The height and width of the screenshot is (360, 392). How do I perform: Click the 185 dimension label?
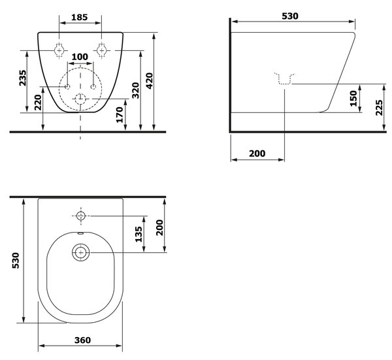click(80, 17)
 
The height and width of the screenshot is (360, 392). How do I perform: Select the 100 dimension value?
click(80, 57)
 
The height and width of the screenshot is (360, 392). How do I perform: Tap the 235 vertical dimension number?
click(22, 78)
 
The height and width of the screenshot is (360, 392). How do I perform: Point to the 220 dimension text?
click(38, 102)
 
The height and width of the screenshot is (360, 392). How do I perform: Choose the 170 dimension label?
click(120, 115)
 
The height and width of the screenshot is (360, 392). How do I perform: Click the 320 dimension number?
click(135, 90)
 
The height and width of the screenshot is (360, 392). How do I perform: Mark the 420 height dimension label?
click(149, 81)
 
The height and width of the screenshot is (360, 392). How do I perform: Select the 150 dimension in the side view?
click(353, 99)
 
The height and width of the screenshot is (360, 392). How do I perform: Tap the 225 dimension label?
click(379, 108)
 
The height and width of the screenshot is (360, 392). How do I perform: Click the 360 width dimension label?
click(82, 340)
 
